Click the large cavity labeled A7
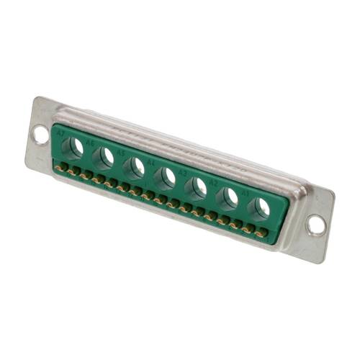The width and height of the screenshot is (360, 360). coord(73,148)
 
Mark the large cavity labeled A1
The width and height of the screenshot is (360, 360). coord(260,208)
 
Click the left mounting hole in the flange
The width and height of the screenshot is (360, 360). coord(40,135)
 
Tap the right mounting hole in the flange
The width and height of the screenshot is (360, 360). coord(315,225)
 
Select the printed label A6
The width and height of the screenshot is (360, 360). coord(91,143)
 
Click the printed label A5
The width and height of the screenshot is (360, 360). coord(121,153)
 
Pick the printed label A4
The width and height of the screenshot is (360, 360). coord(152,163)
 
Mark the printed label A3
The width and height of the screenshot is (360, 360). coord(183,173)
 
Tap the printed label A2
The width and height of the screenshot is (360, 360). coord(214,183)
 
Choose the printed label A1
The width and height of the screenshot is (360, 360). coord(246,193)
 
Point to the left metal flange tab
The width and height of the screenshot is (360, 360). coord(40,137)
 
